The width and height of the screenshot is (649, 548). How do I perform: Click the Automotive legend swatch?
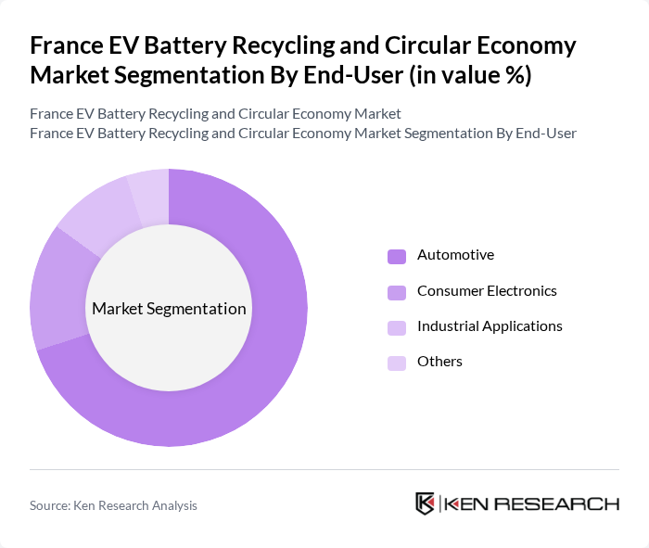click(397, 256)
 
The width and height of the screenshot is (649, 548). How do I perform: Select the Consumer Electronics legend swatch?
click(397, 292)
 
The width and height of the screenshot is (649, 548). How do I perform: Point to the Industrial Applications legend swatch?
click(397, 327)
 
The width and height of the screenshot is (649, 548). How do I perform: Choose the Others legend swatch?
click(397, 363)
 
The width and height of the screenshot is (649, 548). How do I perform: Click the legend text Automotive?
click(455, 255)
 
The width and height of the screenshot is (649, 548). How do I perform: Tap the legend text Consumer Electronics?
click(487, 291)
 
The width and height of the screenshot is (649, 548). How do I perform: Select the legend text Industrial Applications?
click(490, 326)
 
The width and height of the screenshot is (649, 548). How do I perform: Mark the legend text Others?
click(439, 362)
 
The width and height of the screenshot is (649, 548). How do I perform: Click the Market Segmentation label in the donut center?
click(169, 309)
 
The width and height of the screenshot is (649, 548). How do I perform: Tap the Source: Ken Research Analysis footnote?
click(113, 505)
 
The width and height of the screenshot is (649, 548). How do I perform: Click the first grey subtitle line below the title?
click(215, 114)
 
